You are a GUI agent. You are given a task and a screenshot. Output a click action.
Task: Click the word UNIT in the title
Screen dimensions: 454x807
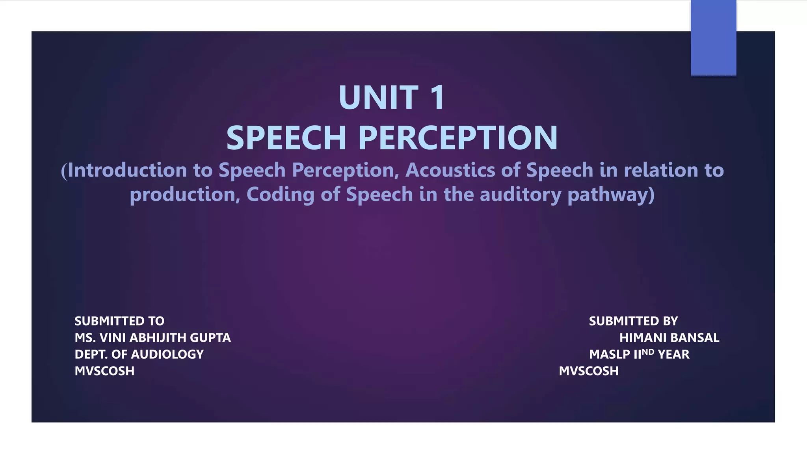(x=378, y=98)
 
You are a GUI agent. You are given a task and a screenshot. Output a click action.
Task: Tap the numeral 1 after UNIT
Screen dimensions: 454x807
(x=437, y=98)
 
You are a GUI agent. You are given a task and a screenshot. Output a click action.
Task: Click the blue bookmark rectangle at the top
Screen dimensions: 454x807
(x=713, y=37)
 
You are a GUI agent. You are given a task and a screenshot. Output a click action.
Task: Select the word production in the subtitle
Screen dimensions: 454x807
(x=182, y=195)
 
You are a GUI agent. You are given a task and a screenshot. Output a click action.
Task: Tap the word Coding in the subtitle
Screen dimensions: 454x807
(x=280, y=195)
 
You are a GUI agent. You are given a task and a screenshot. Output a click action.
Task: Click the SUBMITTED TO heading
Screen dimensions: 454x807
(x=119, y=321)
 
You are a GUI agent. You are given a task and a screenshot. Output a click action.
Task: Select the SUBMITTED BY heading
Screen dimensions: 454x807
(x=633, y=321)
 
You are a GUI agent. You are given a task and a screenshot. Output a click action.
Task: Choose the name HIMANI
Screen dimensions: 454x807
(x=643, y=338)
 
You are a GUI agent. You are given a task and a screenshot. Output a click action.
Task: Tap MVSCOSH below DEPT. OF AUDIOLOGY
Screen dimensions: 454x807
(x=104, y=371)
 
